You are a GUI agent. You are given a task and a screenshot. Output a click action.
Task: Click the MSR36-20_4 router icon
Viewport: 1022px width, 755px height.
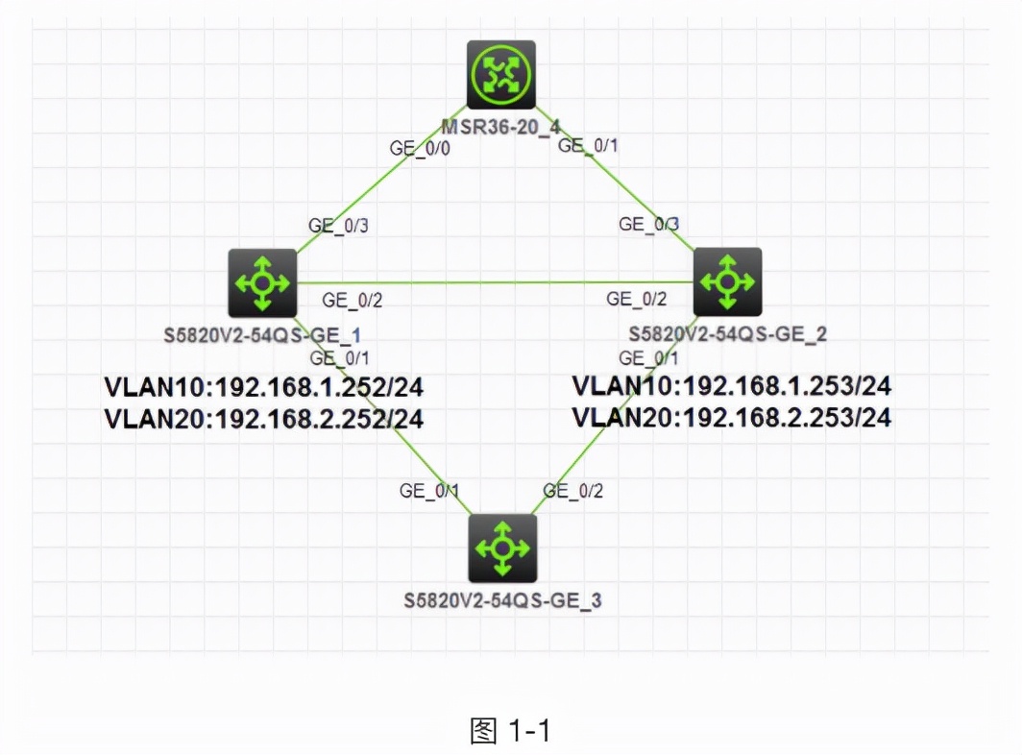[x=500, y=74]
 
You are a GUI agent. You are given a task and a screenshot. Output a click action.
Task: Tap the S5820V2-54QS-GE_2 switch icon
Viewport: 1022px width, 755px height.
[x=727, y=281]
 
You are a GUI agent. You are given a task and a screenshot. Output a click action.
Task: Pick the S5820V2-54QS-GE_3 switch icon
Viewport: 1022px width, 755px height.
[x=502, y=548]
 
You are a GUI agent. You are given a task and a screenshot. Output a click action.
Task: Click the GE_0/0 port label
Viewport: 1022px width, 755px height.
[x=420, y=149]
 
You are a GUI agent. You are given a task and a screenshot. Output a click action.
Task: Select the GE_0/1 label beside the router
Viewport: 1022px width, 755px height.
[x=589, y=145]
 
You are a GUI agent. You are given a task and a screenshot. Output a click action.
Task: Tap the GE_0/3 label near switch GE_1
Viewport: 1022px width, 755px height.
[x=338, y=226]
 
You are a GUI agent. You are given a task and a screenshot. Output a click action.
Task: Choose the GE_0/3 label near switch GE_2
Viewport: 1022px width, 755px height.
[x=649, y=224]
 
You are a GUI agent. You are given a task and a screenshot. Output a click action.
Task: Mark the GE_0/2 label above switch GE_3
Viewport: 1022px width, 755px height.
[x=573, y=491]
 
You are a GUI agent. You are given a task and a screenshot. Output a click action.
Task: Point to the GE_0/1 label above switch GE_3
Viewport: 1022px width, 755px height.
[x=429, y=491]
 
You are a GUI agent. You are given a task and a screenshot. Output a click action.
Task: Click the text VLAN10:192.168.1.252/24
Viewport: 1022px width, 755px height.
[x=263, y=387]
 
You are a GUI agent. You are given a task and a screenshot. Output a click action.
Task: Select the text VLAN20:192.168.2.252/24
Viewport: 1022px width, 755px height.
[x=263, y=418]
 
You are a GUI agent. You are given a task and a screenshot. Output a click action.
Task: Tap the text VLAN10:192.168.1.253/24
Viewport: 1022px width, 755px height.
[x=732, y=386]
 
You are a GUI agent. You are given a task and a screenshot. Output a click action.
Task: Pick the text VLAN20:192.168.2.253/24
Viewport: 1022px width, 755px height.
[x=732, y=417]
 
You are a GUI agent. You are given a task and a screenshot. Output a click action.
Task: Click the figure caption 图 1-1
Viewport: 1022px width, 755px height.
[x=510, y=731]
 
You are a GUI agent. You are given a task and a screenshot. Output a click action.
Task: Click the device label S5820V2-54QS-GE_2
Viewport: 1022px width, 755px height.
[x=728, y=334]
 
